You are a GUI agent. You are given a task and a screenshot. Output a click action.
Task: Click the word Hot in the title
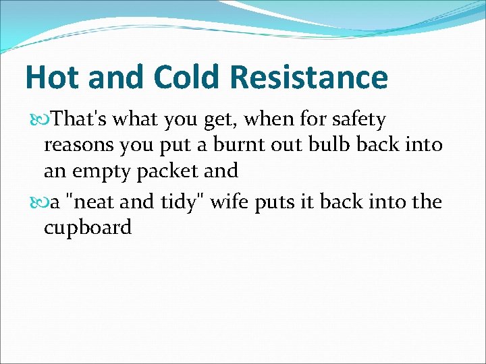coord(52,77)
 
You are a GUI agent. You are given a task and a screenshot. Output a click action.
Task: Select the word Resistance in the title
coord(309,77)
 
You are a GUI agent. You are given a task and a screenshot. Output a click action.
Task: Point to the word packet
coord(171,172)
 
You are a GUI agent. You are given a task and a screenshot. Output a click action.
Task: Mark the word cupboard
coord(88,229)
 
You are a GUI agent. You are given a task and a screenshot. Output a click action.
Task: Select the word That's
coord(80,120)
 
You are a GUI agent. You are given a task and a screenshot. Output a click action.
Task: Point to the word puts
coord(277,203)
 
